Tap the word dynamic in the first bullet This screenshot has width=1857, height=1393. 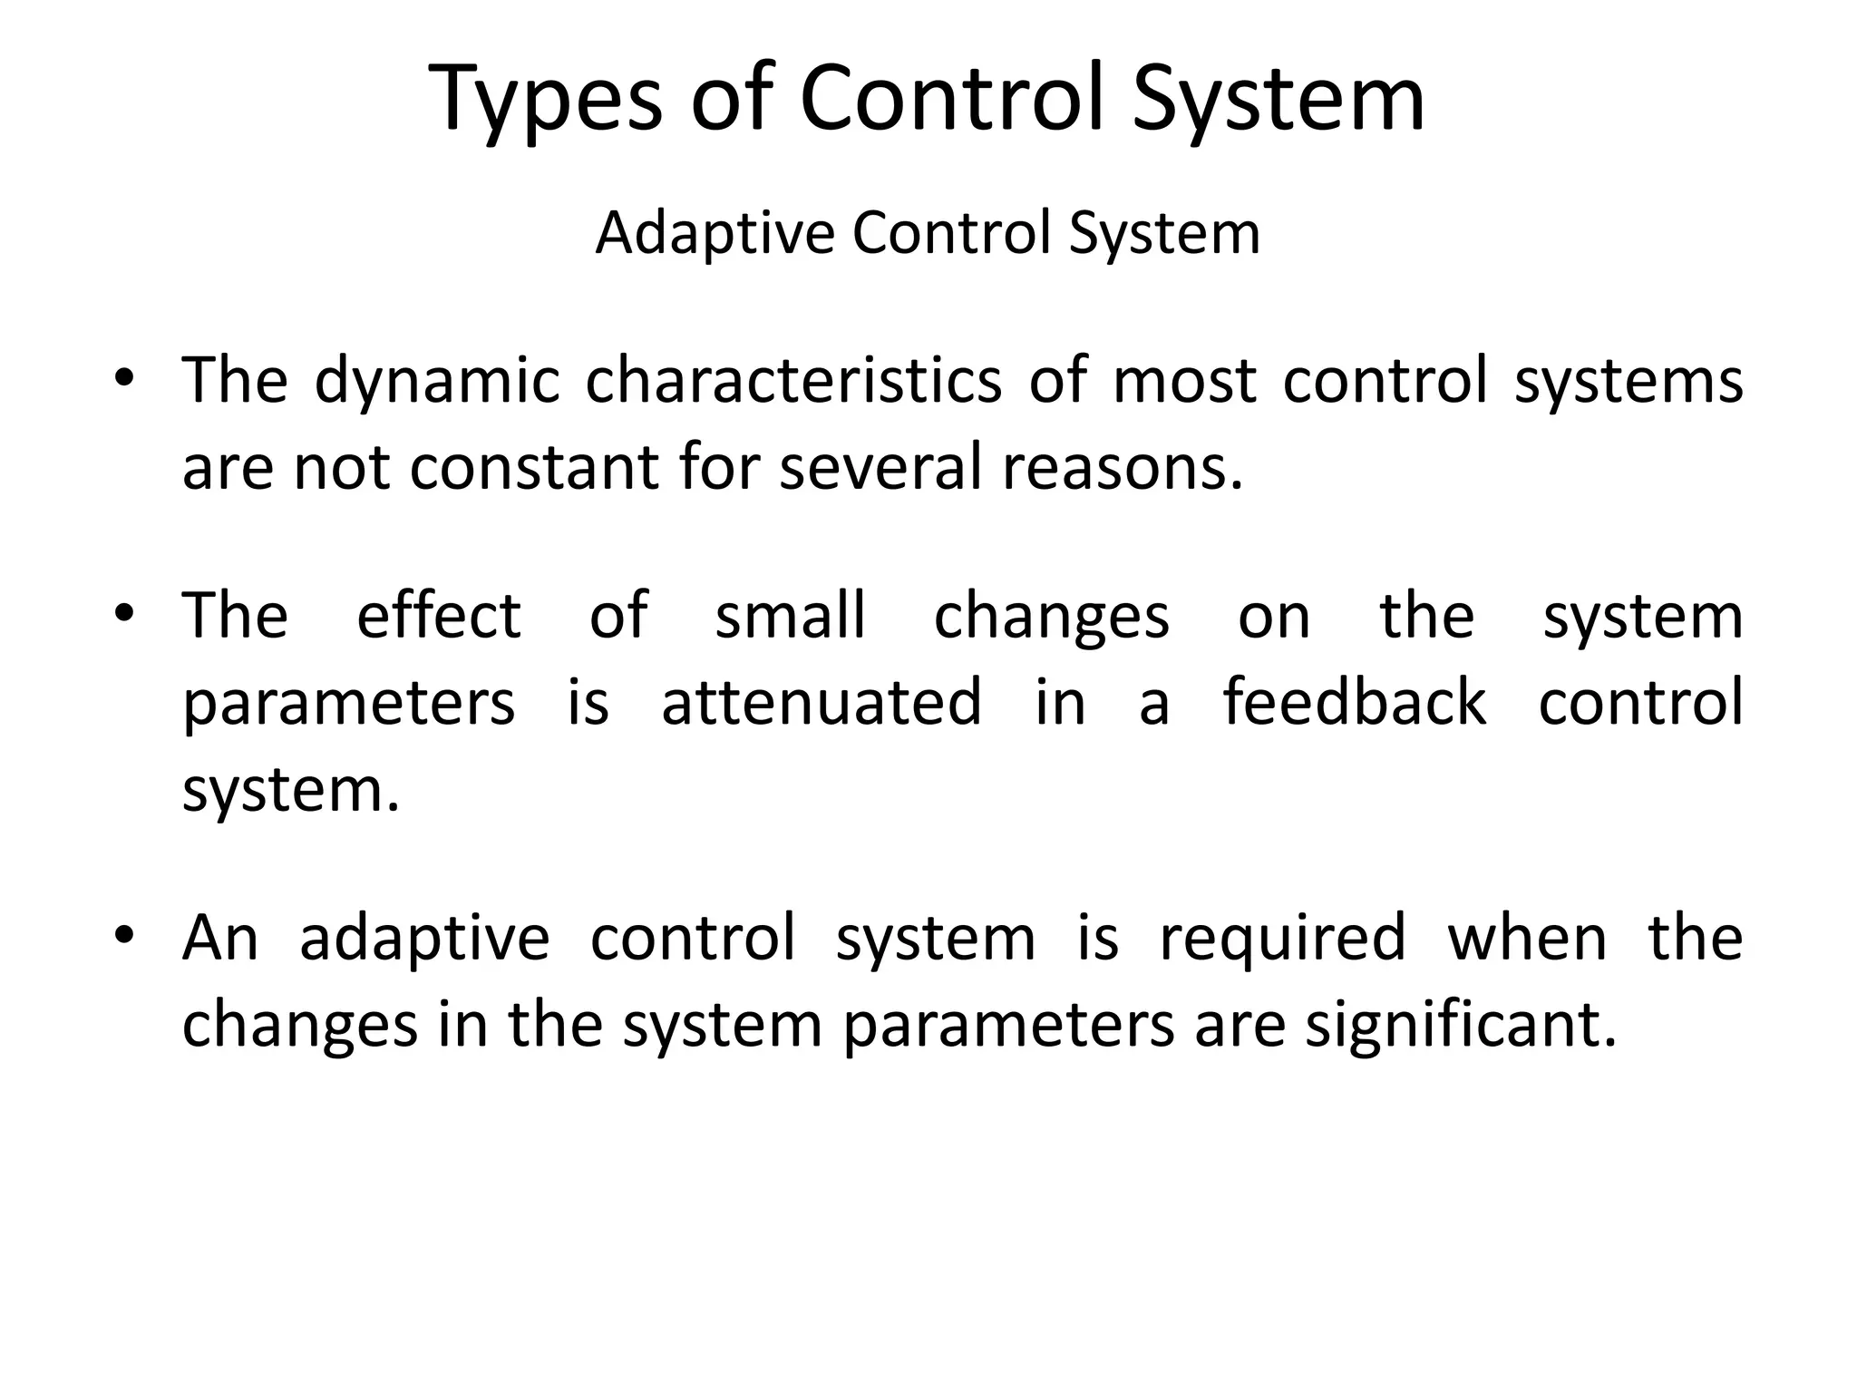coord(436,381)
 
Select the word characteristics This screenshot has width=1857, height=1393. coord(792,381)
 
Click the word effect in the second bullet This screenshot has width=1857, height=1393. coord(439,616)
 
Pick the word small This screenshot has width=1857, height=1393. coord(790,616)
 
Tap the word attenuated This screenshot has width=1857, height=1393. coord(822,703)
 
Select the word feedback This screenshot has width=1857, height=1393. coord(1355,703)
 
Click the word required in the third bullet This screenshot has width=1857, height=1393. coord(1283,938)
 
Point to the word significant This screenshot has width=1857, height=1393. coord(1460,1025)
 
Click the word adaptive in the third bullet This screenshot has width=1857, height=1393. coord(424,938)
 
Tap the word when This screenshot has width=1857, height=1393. coord(1527,938)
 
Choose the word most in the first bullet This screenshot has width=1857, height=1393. coord(1184,381)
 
